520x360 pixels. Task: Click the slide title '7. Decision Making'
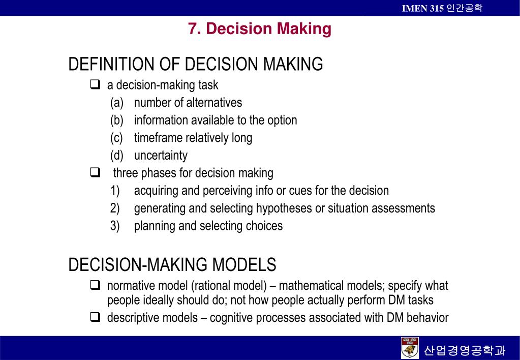[259, 29]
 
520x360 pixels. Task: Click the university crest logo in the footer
[410, 348]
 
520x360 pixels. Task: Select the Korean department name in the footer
[465, 350]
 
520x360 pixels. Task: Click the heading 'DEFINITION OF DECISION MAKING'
[196, 65]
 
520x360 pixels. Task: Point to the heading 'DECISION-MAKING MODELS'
[172, 265]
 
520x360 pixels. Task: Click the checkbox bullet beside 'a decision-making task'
[95, 84]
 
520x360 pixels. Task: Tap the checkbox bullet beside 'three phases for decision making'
[95, 173]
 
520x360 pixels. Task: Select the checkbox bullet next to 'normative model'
[95, 285]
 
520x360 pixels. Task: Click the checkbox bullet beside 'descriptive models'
[95, 318]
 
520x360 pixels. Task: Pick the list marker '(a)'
[117, 103]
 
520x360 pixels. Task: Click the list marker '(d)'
[117, 156]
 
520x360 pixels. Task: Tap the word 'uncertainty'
[161, 156]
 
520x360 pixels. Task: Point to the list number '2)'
[115, 208]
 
